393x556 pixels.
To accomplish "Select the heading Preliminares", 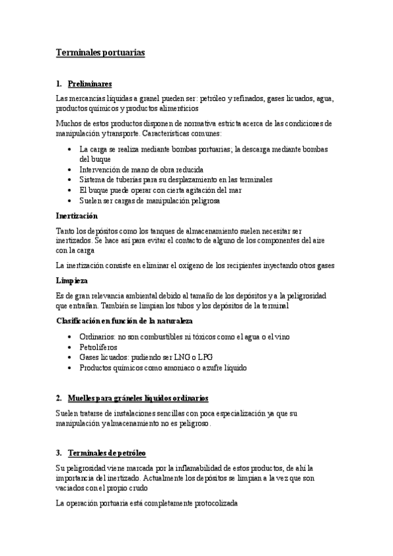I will click(90, 84).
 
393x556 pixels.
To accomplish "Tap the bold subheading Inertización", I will click(77, 216).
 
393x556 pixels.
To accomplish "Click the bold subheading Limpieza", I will click(72, 280).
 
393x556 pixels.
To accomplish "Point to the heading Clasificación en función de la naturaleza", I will click(124, 321).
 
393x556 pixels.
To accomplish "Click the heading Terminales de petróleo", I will click(107, 453).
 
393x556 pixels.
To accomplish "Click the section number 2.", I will click(58, 398).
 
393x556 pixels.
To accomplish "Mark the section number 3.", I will click(58, 453).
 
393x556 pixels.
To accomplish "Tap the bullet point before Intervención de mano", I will click(70, 170).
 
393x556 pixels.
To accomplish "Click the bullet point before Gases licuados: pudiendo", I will click(70, 357).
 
